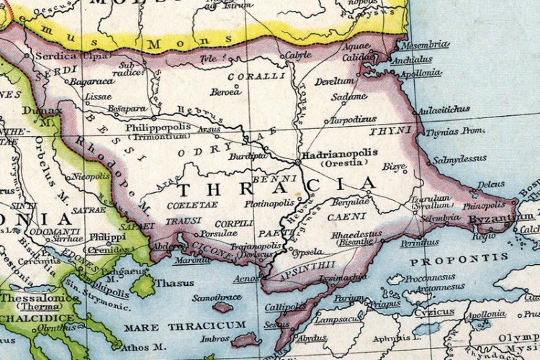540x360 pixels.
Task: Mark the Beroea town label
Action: [226, 92]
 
